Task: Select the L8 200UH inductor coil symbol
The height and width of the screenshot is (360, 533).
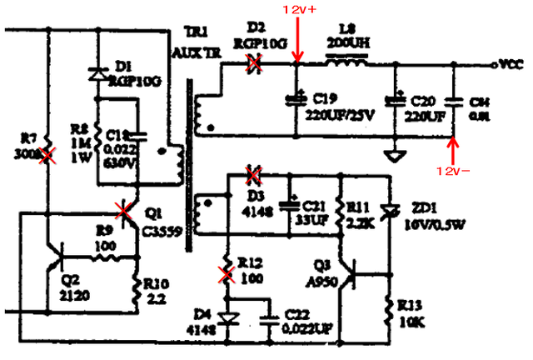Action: coord(346,62)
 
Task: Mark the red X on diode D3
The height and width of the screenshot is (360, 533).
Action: coord(255,175)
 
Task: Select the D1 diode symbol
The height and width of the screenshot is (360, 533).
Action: coord(98,74)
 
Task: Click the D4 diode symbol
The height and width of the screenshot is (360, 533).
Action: coord(225,317)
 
